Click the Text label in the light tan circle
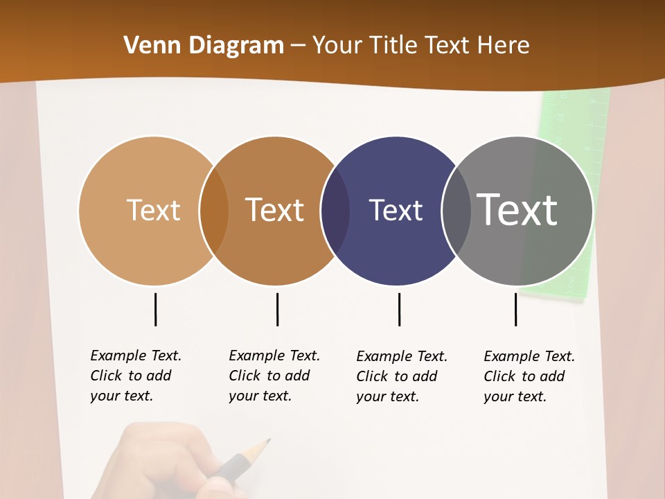click(x=153, y=210)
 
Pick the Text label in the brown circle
click(x=275, y=210)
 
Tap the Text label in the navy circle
click(x=396, y=210)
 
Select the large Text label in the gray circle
click(x=517, y=210)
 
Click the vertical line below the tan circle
click(x=155, y=309)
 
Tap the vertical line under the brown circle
click(x=277, y=309)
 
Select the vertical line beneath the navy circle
click(x=399, y=309)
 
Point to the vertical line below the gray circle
click(x=515, y=309)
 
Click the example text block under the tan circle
click(x=135, y=376)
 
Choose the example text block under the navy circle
click(x=401, y=376)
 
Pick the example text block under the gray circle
click(x=529, y=376)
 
